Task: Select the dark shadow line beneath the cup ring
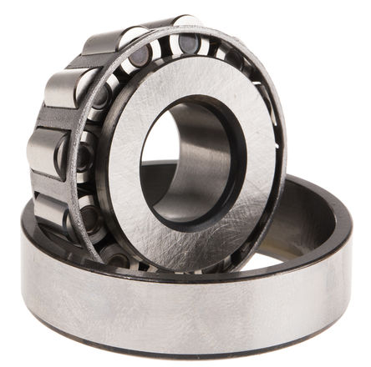pos(184,354)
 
